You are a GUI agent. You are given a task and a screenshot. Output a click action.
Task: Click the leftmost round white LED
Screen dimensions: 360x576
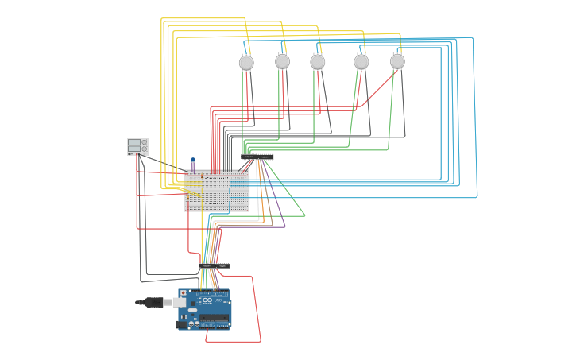[x=246, y=62]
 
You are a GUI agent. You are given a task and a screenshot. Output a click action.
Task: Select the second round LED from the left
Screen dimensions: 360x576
[x=282, y=61]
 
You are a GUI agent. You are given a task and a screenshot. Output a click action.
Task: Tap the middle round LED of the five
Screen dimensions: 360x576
[x=318, y=62]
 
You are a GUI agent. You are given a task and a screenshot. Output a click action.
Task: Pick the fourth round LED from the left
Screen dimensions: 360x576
[x=361, y=61]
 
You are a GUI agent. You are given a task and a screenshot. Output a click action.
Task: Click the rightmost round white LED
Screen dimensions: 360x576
[x=397, y=61]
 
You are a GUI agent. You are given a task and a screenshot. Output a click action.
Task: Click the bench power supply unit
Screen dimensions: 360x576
[x=137, y=146]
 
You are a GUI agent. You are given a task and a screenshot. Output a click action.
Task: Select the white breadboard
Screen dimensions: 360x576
[x=216, y=191]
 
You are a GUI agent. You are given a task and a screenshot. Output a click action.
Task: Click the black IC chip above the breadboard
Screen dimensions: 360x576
[x=257, y=157]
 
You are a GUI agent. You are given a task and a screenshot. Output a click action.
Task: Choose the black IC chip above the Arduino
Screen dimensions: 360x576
[x=215, y=265]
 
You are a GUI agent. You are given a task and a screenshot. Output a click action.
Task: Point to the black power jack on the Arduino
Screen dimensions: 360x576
[x=183, y=323]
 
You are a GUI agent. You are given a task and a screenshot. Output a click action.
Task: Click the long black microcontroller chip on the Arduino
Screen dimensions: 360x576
[x=215, y=318]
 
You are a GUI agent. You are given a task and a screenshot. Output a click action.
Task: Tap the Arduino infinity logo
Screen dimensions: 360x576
[x=207, y=300]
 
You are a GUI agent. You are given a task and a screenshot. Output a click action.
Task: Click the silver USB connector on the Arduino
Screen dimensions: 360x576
[x=180, y=302]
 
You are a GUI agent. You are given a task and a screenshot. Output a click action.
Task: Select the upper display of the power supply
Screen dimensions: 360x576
[x=134, y=142]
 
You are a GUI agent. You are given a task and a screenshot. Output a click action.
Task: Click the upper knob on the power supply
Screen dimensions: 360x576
[x=145, y=142]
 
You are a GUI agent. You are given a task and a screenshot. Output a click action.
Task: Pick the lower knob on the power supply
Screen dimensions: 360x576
[x=145, y=149]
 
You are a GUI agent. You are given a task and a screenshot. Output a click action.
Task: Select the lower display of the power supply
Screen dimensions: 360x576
[x=134, y=149]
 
